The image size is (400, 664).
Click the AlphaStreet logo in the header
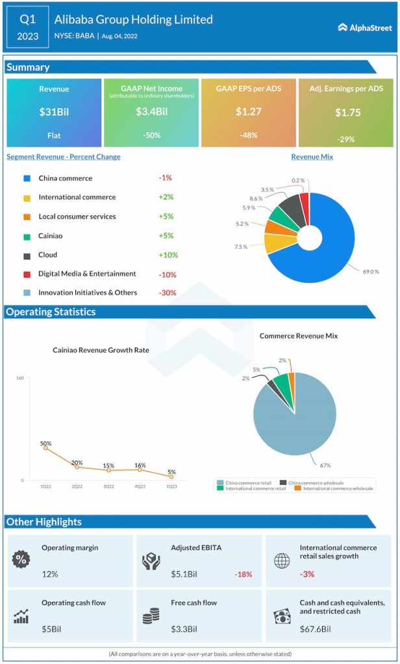tap(364, 27)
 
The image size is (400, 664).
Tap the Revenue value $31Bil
tap(54, 112)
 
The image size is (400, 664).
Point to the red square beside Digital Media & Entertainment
tap(26, 274)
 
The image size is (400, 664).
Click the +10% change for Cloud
tap(168, 255)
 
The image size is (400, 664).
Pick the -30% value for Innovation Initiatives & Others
tap(168, 293)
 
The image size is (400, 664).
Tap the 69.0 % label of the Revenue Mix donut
tap(371, 272)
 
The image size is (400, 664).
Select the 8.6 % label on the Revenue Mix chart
tap(256, 198)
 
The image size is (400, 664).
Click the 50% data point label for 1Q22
tap(45, 444)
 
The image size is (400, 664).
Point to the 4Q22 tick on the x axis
tap(140, 486)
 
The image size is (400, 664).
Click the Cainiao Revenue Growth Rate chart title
tap(101, 350)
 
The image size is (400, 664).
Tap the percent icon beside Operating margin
tap(21, 559)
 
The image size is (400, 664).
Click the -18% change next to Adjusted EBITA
tap(244, 575)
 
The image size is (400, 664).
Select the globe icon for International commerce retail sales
tap(282, 560)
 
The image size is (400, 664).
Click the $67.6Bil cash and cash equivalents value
tap(315, 629)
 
